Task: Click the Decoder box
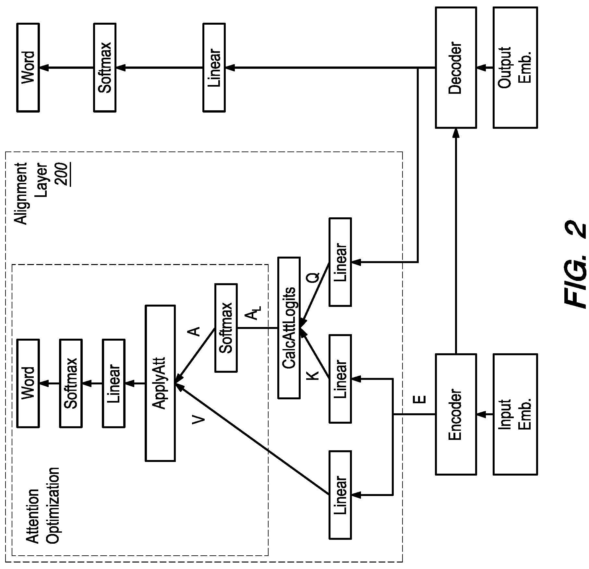[456, 68]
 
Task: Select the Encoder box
[456, 414]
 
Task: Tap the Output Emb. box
[515, 68]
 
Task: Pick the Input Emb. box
[515, 414]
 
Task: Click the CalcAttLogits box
[289, 328]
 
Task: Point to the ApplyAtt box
[160, 383]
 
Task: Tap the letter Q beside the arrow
[313, 278]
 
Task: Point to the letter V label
[198, 420]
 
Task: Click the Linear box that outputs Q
[340, 262]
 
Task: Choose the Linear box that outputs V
[340, 495]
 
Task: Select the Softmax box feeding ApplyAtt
[226, 328]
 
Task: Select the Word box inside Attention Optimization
[28, 383]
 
